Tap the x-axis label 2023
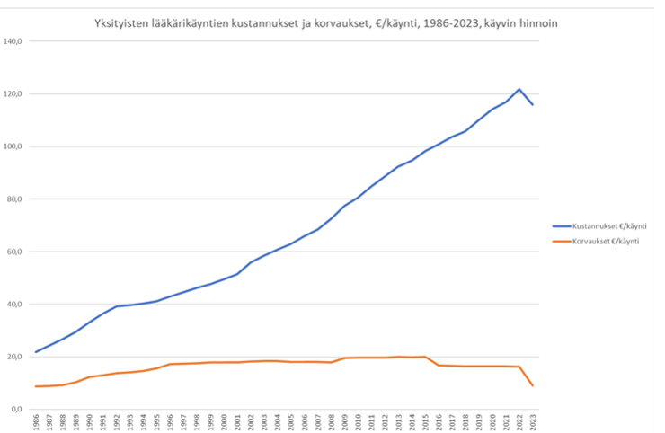[x=533, y=422]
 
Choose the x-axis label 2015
[x=426, y=422]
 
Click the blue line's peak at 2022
[x=519, y=89]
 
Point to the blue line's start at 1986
[x=36, y=351]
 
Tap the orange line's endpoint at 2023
[x=533, y=385]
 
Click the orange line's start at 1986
[x=36, y=386]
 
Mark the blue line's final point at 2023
[x=533, y=105]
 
